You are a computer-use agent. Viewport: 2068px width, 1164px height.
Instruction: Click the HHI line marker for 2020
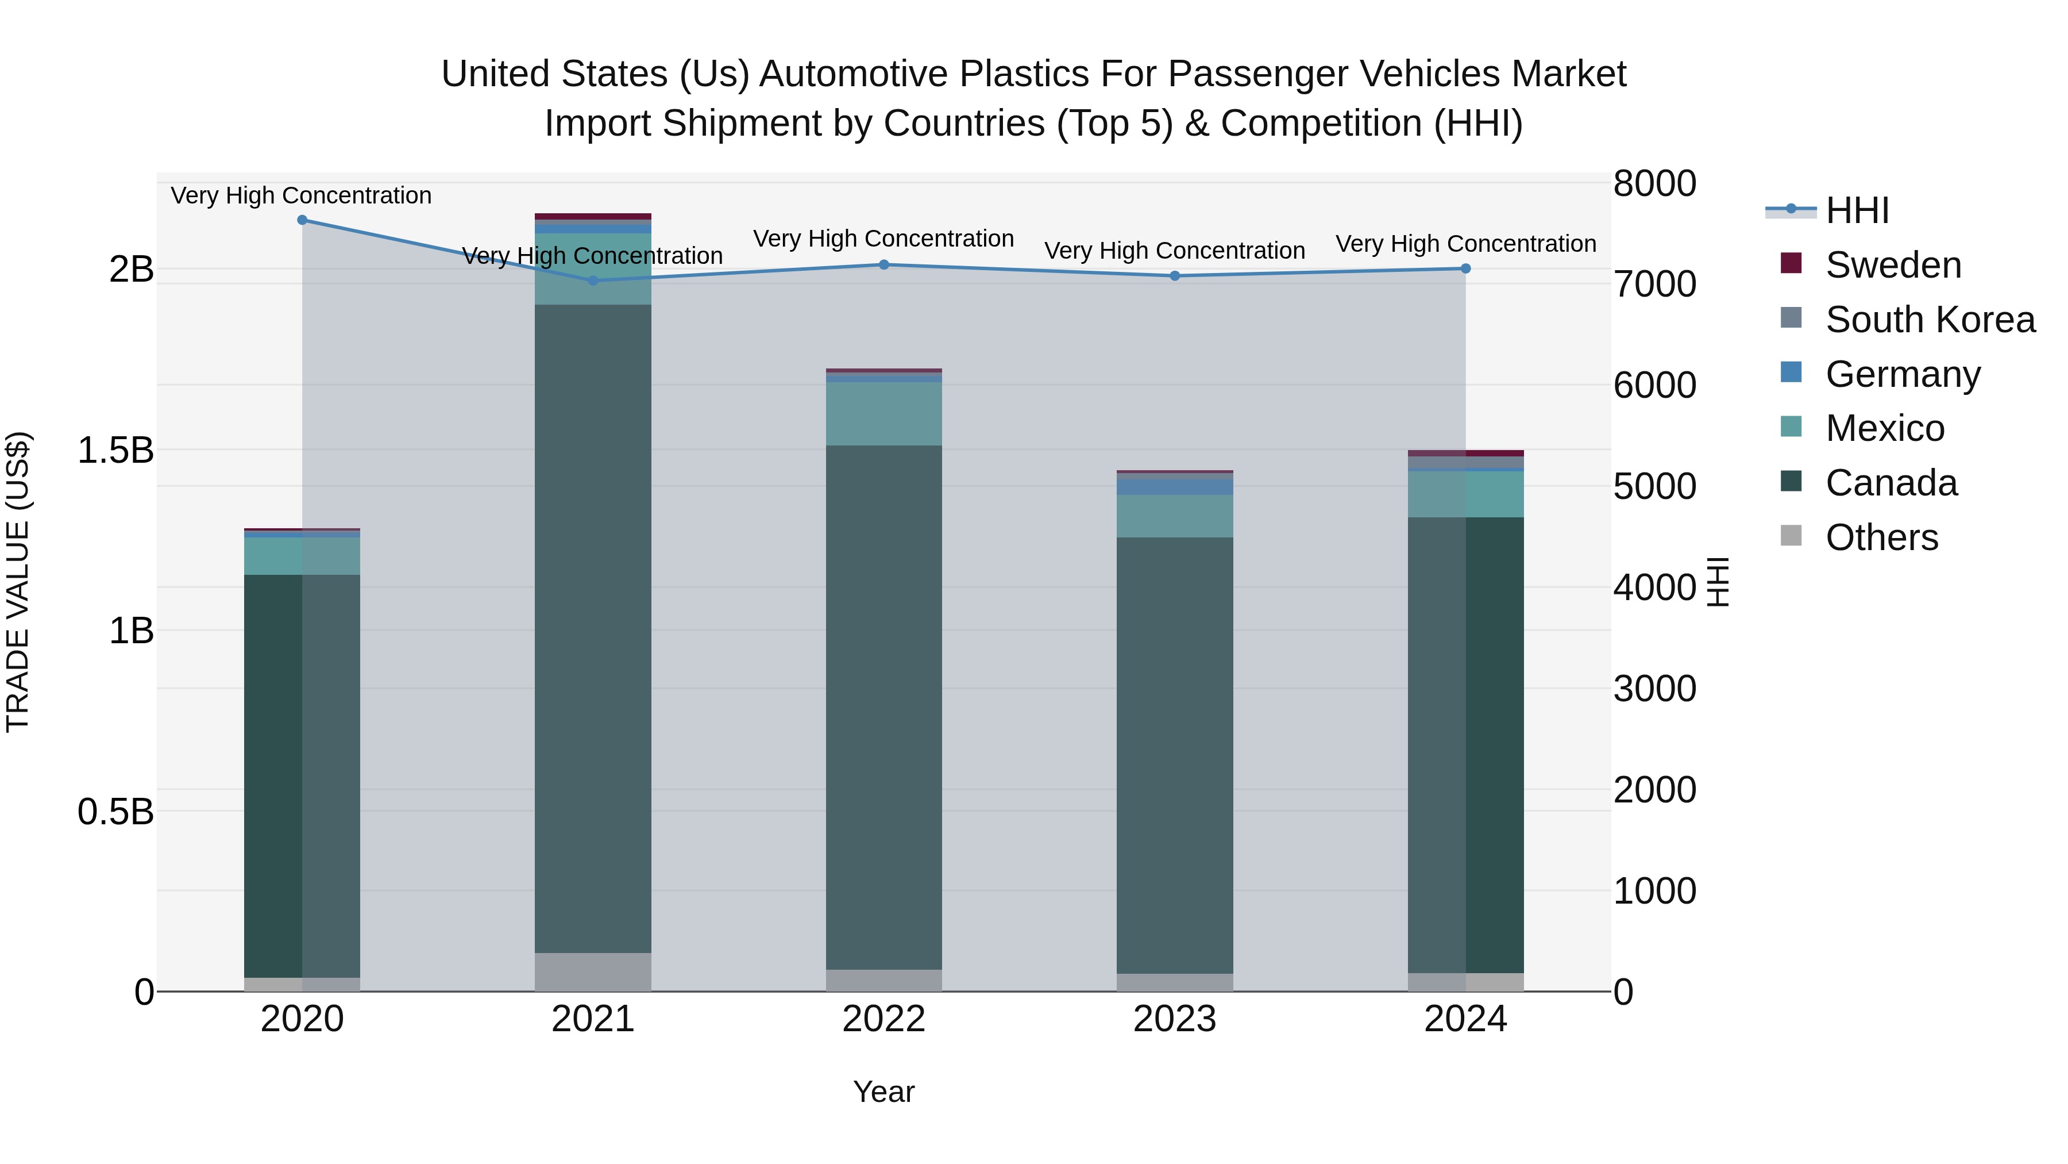pyautogui.click(x=302, y=220)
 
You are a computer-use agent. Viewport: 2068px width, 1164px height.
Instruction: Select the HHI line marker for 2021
pyautogui.click(x=593, y=281)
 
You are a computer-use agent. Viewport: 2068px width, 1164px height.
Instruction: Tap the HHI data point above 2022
pyautogui.click(x=884, y=264)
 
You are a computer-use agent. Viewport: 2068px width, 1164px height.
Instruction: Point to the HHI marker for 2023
pyautogui.click(x=1175, y=275)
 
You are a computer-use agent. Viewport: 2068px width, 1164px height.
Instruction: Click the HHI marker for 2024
pyautogui.click(x=1465, y=268)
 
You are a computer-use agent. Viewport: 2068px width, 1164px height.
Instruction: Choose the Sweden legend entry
pyautogui.click(x=1892, y=265)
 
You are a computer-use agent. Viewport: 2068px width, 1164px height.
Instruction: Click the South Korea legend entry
pyautogui.click(x=1929, y=320)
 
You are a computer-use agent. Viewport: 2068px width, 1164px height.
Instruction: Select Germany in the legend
pyautogui.click(x=1902, y=374)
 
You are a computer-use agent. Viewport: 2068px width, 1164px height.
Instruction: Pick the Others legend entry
pyautogui.click(x=1881, y=537)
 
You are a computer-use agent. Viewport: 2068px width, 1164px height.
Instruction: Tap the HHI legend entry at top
pyautogui.click(x=1856, y=210)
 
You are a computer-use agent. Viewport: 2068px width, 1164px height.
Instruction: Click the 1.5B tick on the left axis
pyautogui.click(x=115, y=450)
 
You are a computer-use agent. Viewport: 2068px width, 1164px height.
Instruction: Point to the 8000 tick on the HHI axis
pyautogui.click(x=1654, y=183)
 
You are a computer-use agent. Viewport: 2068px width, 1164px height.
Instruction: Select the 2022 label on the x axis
pyautogui.click(x=884, y=1019)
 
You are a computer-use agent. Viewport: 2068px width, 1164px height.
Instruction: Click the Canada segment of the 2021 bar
pyautogui.click(x=593, y=627)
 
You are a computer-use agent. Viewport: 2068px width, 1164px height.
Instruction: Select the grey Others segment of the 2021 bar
pyautogui.click(x=593, y=972)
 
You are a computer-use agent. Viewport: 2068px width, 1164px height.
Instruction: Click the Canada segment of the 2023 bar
pyautogui.click(x=1175, y=755)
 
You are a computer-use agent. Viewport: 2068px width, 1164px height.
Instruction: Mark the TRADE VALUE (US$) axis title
pyautogui.click(x=18, y=582)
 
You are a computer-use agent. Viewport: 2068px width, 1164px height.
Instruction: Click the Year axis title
pyautogui.click(x=884, y=1092)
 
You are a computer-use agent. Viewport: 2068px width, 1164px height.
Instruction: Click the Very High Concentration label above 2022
pyautogui.click(x=884, y=239)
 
